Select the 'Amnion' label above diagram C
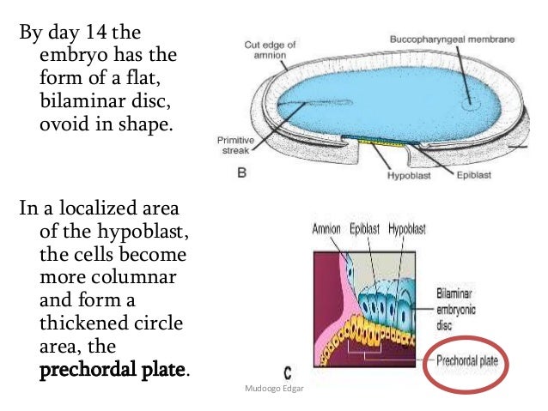click(326, 229)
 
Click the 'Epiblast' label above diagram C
click(365, 229)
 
